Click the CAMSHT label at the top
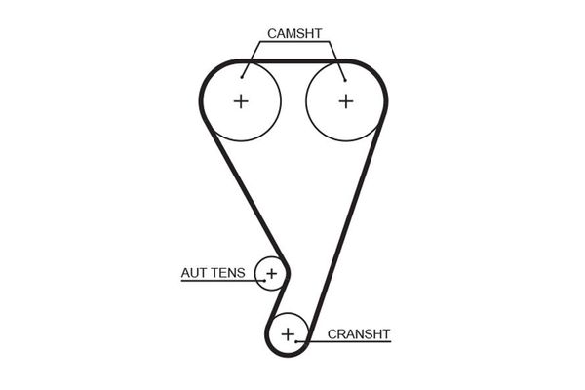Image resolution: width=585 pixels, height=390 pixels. pyautogui.click(x=292, y=33)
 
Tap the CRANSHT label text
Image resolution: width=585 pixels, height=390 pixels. pyautogui.click(x=358, y=333)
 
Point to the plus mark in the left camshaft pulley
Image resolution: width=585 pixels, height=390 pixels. pyautogui.click(x=241, y=100)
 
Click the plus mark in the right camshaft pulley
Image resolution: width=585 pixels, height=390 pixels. pyautogui.click(x=345, y=100)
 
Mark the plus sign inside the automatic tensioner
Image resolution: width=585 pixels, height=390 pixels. pyautogui.click(x=271, y=273)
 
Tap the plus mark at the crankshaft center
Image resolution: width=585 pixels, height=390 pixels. pyautogui.click(x=288, y=334)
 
